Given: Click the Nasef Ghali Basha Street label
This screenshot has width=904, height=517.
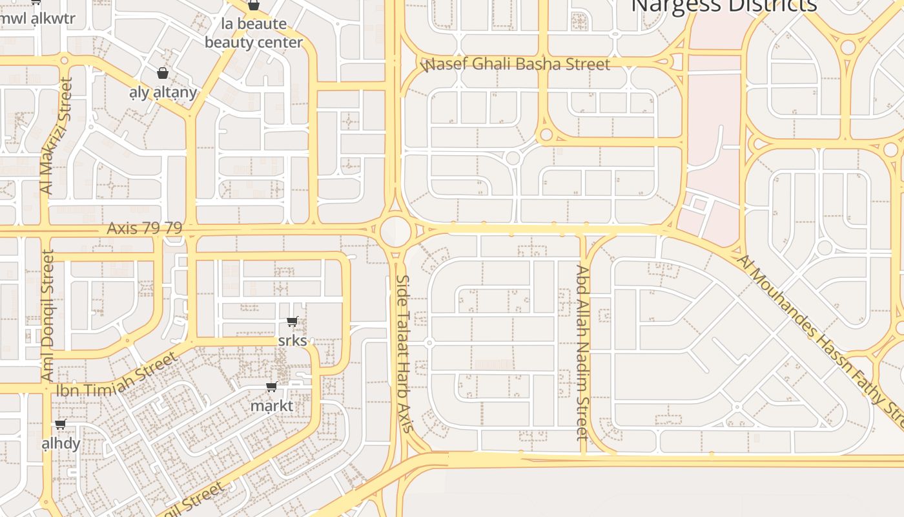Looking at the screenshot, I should tap(515, 65).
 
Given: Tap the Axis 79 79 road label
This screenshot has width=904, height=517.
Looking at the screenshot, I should tap(145, 228).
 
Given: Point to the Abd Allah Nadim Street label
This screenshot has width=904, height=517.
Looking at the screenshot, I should tap(582, 352).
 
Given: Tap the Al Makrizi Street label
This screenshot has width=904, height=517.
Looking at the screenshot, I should tap(56, 136).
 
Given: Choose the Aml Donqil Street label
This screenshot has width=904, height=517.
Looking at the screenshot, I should tap(47, 315).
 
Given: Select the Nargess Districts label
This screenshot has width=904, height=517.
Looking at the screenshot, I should tap(723, 6).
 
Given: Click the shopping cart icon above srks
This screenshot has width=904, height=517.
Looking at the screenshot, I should tap(293, 321).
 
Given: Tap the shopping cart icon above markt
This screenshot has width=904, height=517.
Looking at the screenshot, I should tap(272, 386).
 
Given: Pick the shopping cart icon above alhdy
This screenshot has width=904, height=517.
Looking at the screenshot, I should tap(61, 424).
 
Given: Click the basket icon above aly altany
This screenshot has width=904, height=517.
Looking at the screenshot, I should tap(163, 73).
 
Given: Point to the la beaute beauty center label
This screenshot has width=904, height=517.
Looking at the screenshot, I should tap(254, 33).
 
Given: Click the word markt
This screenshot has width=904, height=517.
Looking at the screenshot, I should tap(272, 406).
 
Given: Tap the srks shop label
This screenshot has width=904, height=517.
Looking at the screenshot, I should tap(293, 340).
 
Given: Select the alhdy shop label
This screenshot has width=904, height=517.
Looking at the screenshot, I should tap(61, 443).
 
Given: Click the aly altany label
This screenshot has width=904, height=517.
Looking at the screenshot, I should tap(163, 92).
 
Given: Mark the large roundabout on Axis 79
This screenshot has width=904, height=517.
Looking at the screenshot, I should tap(395, 231).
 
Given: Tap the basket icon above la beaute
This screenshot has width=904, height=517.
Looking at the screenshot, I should tap(254, 5).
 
